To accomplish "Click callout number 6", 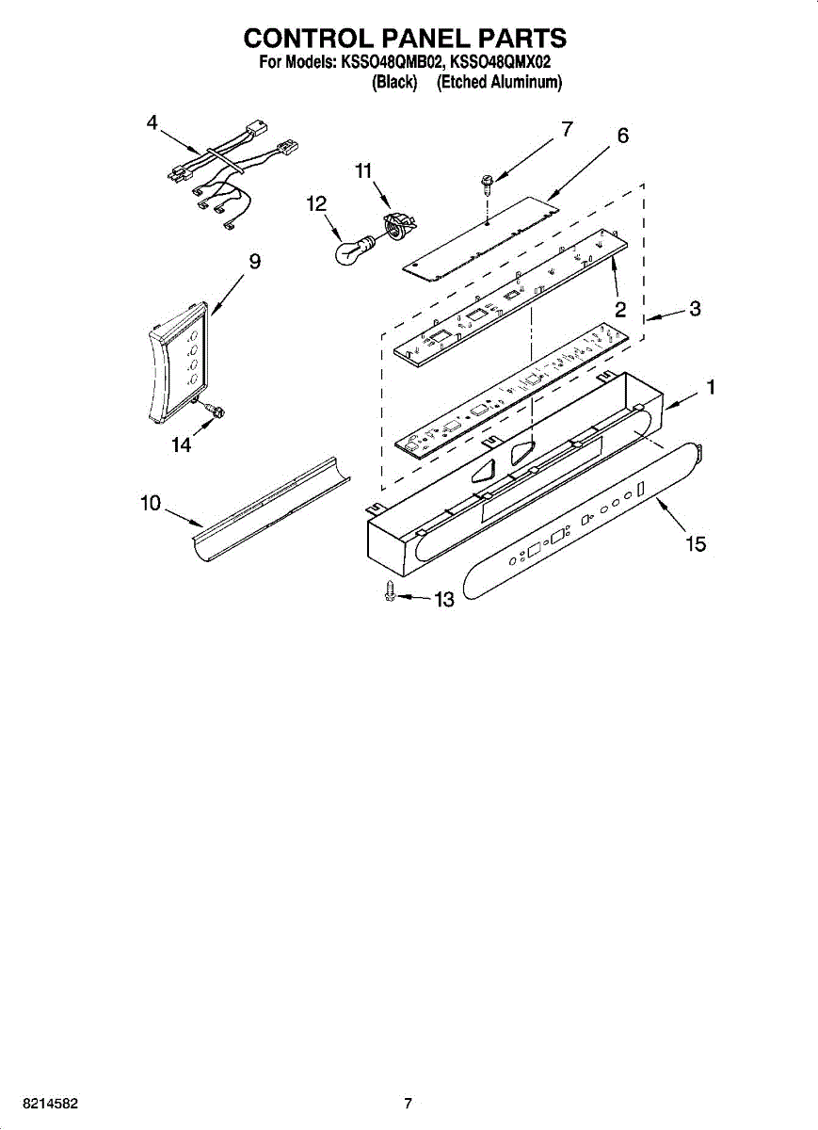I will tap(622, 136).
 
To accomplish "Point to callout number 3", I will tap(695, 308).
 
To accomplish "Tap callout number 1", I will tap(713, 387).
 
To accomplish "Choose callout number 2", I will tap(621, 308).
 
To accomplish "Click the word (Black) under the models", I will tap(394, 83).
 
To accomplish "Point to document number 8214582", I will tap(52, 1104).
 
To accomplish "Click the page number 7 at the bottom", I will tap(408, 1104).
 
